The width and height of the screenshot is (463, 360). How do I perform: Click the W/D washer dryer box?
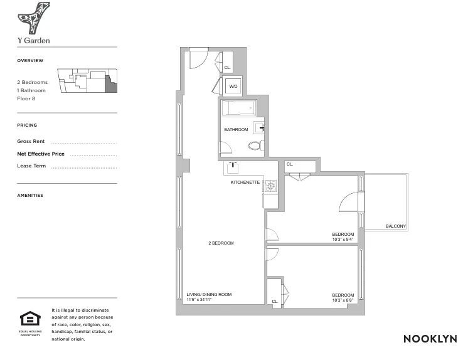pyautogui.click(x=233, y=86)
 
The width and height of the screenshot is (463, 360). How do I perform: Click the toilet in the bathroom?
pyautogui.click(x=255, y=146)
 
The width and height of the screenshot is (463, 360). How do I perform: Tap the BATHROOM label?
pyautogui.click(x=236, y=130)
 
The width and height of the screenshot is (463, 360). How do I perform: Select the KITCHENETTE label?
pyautogui.click(x=245, y=183)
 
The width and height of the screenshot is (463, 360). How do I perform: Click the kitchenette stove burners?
pyautogui.click(x=270, y=185)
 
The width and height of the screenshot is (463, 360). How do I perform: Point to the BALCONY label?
pyautogui.click(x=395, y=226)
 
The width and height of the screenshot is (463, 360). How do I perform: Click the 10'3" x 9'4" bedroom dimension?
pyautogui.click(x=343, y=239)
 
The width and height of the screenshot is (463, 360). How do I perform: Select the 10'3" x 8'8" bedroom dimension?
pyautogui.click(x=343, y=300)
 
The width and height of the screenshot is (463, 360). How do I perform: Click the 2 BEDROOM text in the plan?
pyautogui.click(x=221, y=243)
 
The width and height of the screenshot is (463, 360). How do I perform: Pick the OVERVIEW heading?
pyautogui.click(x=30, y=61)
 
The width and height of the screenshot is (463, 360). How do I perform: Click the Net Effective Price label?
pyautogui.click(x=41, y=154)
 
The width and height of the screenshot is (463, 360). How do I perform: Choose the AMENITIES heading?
pyautogui.click(x=30, y=195)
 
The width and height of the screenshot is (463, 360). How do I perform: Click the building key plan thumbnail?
pyautogui.click(x=87, y=82)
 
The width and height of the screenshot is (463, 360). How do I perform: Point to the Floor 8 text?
pyautogui.click(x=26, y=98)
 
